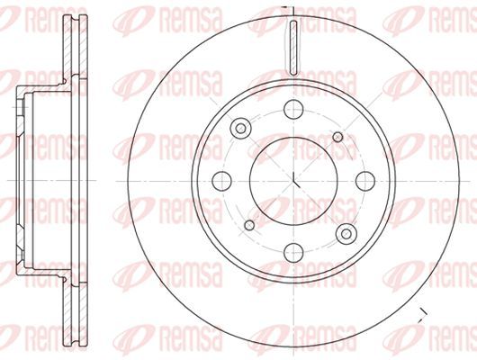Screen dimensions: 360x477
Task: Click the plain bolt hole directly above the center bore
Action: (x=294, y=110)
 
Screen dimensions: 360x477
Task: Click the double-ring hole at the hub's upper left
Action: (x=240, y=129)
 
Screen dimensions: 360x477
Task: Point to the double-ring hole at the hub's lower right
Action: (x=346, y=235)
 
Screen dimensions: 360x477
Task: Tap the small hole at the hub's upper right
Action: (x=338, y=136)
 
